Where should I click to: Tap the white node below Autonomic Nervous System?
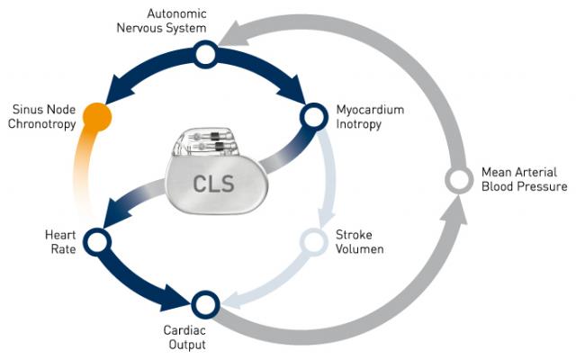click(205, 56)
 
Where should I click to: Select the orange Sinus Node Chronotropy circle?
click(97, 116)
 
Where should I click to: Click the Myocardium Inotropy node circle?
click(312, 115)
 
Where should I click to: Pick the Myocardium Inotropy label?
click(369, 116)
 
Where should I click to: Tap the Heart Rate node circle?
click(96, 240)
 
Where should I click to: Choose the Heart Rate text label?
click(54, 240)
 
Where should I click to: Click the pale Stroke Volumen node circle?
click(312, 241)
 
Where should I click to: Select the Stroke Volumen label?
click(359, 241)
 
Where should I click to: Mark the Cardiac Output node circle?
click(205, 302)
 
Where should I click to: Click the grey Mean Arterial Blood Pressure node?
click(459, 178)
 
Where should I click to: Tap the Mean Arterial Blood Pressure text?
click(524, 179)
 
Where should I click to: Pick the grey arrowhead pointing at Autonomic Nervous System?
click(230, 34)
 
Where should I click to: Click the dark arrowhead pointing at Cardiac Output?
click(177, 293)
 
